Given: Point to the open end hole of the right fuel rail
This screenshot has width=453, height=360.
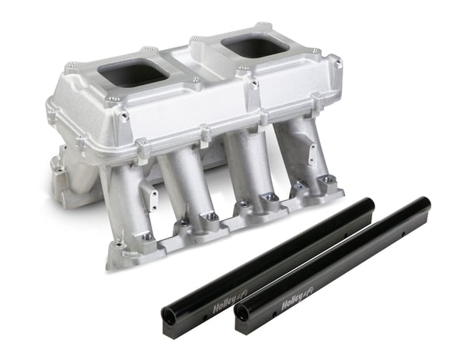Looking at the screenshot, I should [x=243, y=313].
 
